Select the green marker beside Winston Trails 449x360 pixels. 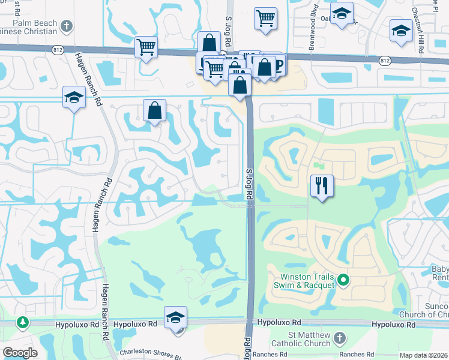click(x=343, y=279)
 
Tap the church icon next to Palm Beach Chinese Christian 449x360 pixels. click(x=67, y=26)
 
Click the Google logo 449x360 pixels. click(x=20, y=353)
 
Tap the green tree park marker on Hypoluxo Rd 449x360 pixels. click(x=23, y=323)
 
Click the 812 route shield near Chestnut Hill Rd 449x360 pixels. click(x=385, y=61)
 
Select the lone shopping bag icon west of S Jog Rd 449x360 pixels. click(x=154, y=111)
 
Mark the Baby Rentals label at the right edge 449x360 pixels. click(x=440, y=273)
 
